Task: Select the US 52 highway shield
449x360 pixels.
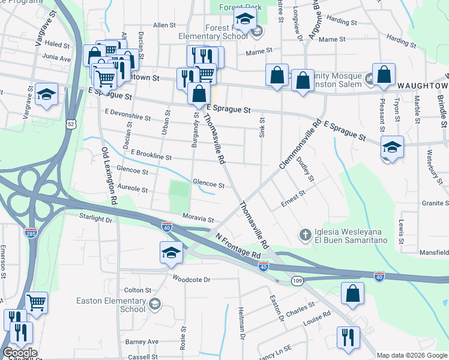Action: pos(71,124)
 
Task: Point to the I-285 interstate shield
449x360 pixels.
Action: pos(29,231)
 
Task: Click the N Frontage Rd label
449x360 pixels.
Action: pos(238,247)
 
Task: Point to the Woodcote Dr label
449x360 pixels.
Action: pos(191,279)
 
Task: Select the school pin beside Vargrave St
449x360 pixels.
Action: pos(46,94)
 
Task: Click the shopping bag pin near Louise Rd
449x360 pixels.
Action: pos(352,293)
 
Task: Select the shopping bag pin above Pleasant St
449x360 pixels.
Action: pos(384,74)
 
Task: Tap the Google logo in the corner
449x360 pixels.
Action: pos(20,353)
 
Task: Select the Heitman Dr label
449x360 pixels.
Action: pos(243,324)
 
